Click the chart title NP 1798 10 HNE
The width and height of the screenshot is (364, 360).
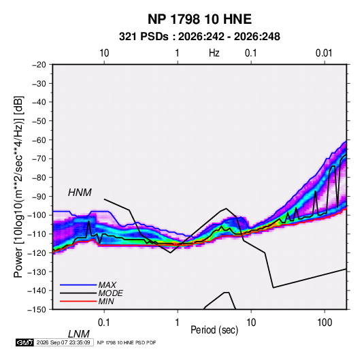199,19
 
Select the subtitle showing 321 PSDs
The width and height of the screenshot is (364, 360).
199,37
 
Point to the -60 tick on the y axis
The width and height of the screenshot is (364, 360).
39,140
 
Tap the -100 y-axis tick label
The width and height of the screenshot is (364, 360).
37,215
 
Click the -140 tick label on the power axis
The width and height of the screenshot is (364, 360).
37,291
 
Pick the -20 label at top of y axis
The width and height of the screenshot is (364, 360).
39,65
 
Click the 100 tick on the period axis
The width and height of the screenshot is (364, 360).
325,323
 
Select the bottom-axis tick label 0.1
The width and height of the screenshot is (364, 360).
103,323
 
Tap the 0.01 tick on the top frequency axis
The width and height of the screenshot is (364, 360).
324,53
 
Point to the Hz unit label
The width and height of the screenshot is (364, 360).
214,53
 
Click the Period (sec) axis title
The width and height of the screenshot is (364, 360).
214,330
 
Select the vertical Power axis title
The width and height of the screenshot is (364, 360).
18,187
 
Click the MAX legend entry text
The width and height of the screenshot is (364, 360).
107,285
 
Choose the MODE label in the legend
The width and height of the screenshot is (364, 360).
110,293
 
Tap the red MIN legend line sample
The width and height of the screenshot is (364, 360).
78,301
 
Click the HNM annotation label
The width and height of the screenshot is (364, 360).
80,193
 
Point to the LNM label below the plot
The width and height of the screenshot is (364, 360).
78,334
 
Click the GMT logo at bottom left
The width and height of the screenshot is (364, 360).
25,342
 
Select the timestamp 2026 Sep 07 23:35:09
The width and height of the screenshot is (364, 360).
63,342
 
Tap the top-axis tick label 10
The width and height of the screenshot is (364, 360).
104,53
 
